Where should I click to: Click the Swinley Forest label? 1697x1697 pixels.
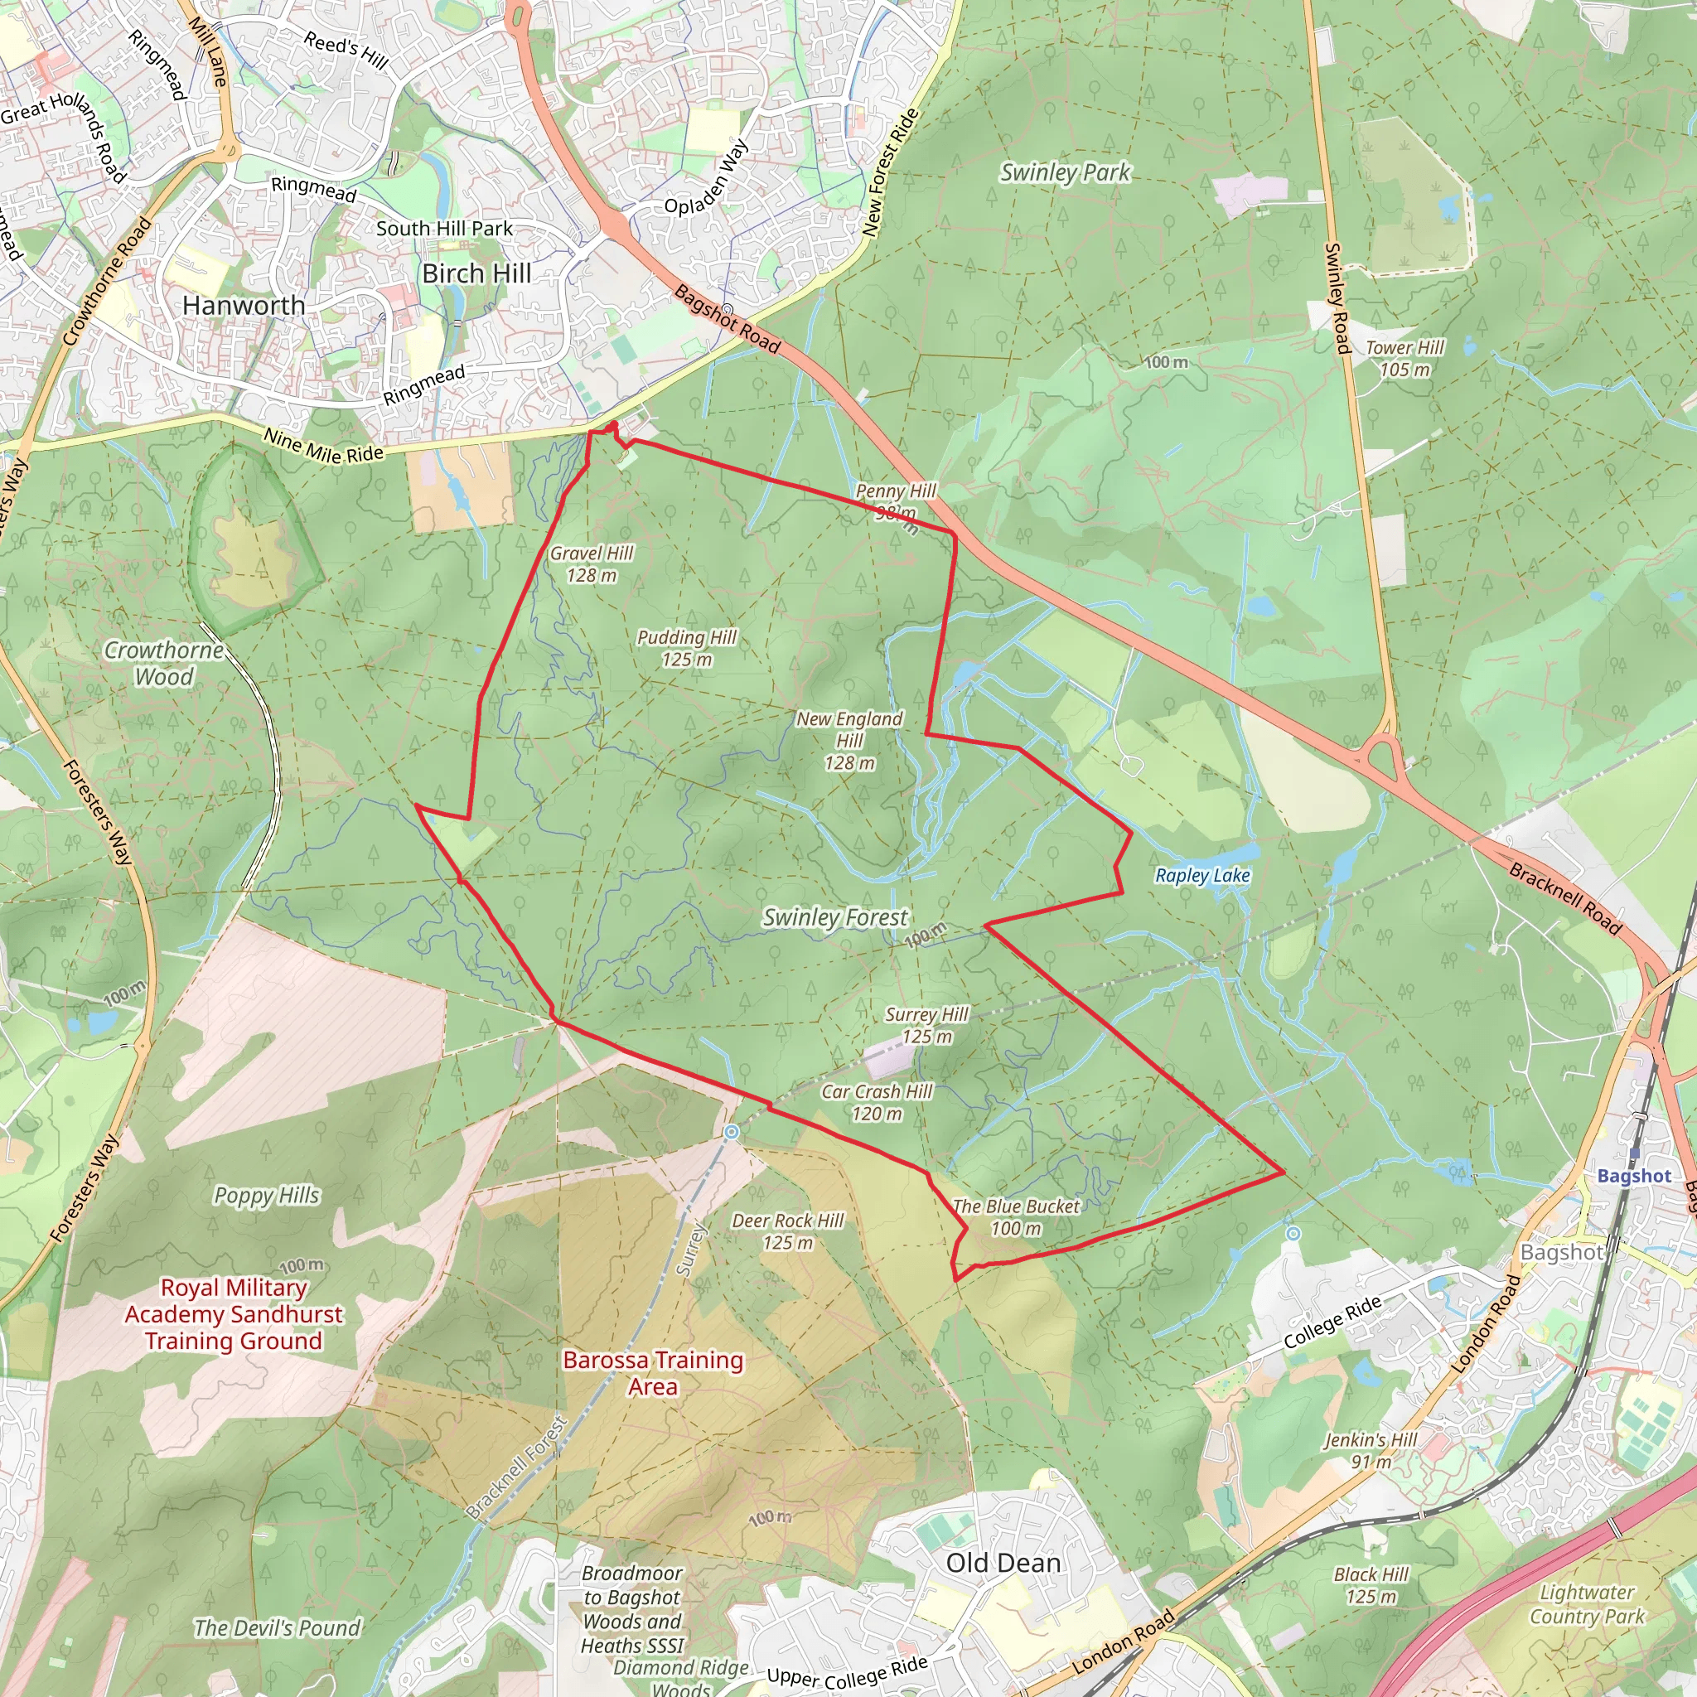click(x=834, y=918)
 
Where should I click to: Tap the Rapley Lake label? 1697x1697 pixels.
click(x=1201, y=876)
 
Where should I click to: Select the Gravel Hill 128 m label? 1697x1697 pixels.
click(x=591, y=564)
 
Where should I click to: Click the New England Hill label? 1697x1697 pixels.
click(x=849, y=741)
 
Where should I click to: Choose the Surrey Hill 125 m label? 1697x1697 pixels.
click(x=926, y=1025)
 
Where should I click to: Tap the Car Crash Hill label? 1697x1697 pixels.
click(x=877, y=1102)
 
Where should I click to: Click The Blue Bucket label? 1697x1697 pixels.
click(x=1016, y=1217)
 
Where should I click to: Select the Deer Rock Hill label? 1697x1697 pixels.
click(x=788, y=1231)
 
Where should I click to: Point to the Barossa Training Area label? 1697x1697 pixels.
click(x=654, y=1373)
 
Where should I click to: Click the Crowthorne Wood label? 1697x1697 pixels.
click(x=164, y=663)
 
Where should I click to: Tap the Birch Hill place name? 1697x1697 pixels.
click(x=476, y=274)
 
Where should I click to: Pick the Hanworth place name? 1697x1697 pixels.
click(x=244, y=306)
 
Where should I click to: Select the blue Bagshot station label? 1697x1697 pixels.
click(x=1634, y=1176)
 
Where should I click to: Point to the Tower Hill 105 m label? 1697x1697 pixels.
click(x=1404, y=358)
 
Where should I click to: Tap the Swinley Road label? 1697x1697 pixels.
click(x=1336, y=298)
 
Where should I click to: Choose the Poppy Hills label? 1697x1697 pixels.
click(x=267, y=1197)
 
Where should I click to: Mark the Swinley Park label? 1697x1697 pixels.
click(x=1066, y=173)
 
